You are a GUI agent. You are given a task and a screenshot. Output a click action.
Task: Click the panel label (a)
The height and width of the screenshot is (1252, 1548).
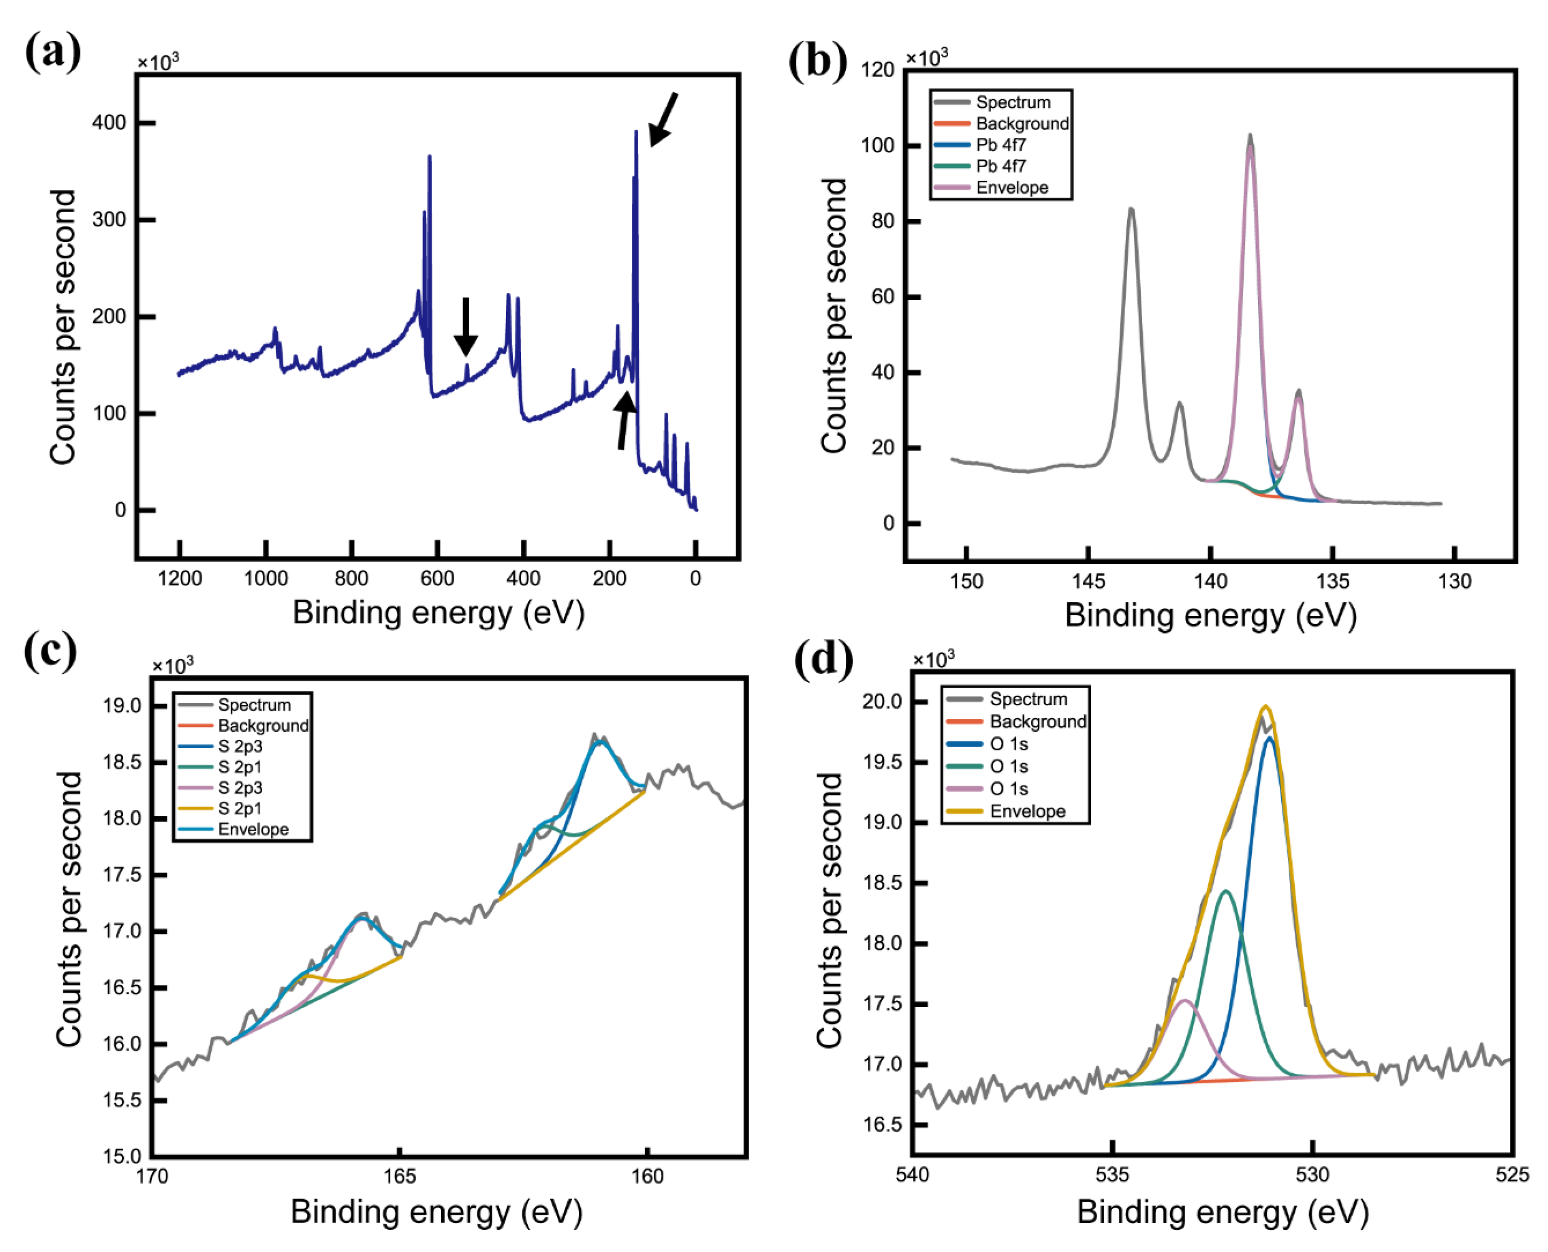coord(52,52)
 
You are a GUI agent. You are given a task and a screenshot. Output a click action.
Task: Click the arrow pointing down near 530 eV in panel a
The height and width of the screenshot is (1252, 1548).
coord(466,327)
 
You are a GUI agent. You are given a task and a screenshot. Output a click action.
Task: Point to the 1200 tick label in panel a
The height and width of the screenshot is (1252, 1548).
coord(179,579)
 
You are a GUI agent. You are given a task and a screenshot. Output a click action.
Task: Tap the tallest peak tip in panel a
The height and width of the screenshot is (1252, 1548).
coord(636,133)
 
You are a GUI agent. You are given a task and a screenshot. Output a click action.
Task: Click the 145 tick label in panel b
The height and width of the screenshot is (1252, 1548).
coord(1088,581)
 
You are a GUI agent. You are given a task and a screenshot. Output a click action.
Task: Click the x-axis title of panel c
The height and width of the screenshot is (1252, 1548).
coord(436,1212)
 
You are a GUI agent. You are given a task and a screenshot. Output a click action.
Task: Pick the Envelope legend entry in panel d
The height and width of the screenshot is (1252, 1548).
coord(1027,811)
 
